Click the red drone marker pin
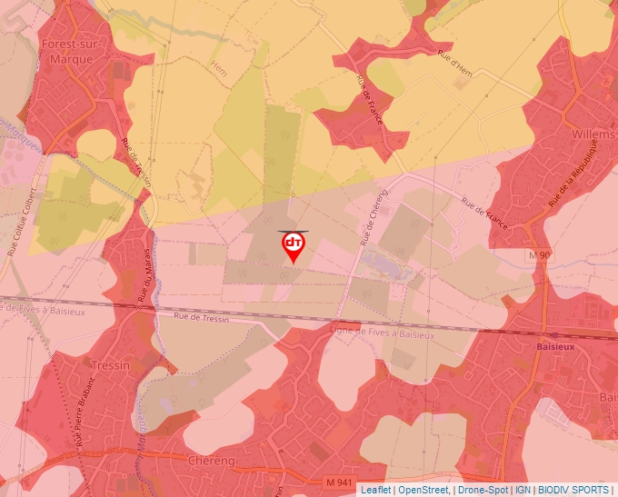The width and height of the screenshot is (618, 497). [x=293, y=246]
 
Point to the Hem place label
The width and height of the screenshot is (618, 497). [x=218, y=67]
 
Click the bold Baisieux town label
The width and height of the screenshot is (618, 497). [x=553, y=346]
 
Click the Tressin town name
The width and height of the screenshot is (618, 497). [x=111, y=365]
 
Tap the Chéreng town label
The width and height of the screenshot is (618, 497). [x=210, y=461]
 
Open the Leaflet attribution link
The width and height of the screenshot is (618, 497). [x=375, y=490]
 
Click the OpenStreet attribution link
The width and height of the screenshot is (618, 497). [x=423, y=490]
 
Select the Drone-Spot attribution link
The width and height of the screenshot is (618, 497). [x=483, y=490]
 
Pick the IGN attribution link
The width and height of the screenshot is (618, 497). [x=523, y=490]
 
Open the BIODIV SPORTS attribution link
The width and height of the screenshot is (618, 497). [x=573, y=490]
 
